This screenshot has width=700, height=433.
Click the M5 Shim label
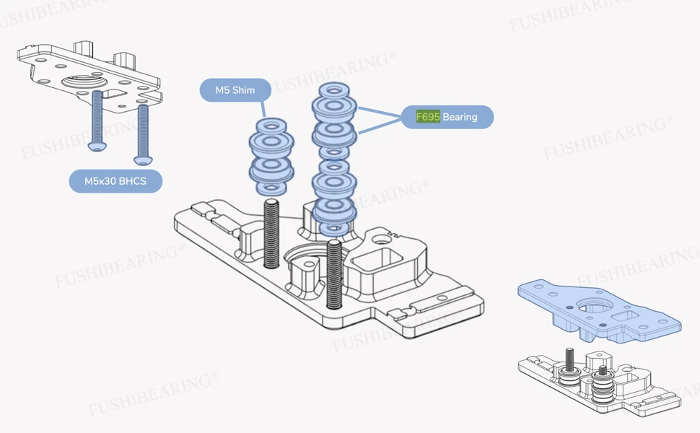coord(235,90)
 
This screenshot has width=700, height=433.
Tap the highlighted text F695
coord(428,117)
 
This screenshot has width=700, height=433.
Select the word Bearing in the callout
coord(460,117)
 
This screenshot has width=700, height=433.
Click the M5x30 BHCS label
coord(115,181)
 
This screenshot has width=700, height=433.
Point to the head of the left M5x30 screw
coord(97,146)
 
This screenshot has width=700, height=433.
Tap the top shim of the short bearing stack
coord(271,124)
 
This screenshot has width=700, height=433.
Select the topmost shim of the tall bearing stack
coord(334,89)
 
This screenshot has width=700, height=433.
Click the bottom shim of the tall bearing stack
coord(334,229)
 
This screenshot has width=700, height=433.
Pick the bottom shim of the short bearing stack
coord(271,188)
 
